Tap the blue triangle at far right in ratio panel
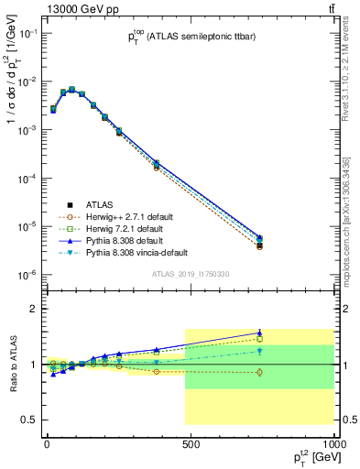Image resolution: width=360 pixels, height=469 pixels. tap(260, 333)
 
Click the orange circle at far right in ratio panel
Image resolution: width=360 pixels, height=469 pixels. tap(260, 372)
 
